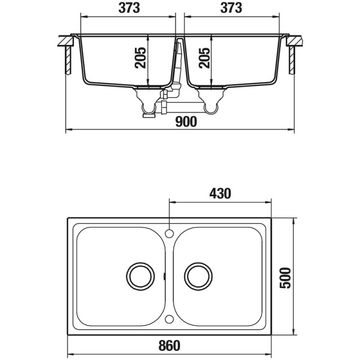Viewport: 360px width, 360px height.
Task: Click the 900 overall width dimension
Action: tap(186, 121)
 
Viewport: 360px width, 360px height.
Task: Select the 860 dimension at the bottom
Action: tap(170, 346)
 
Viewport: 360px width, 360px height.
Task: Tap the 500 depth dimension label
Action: tap(285, 278)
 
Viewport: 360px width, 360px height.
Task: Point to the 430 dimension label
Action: tap(220, 193)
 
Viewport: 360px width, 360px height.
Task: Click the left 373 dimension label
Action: tap(129, 8)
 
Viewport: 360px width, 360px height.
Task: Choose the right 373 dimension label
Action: tap(231, 8)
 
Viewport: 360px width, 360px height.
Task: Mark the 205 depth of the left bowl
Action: tap(140, 58)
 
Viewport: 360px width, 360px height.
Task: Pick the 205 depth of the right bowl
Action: tap(204, 58)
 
